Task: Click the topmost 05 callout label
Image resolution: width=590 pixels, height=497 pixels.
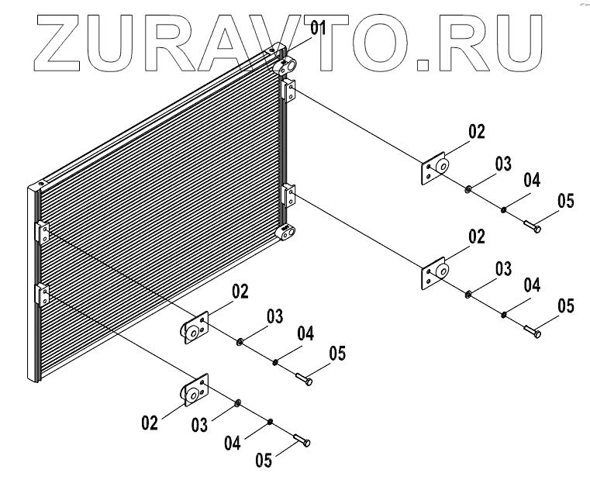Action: point(565,202)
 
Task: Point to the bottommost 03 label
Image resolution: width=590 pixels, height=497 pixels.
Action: point(200,425)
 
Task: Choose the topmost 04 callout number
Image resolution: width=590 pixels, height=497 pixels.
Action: point(531,181)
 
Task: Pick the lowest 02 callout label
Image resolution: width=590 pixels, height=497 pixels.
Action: point(150,423)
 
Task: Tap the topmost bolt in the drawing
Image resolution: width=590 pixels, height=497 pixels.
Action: point(531,226)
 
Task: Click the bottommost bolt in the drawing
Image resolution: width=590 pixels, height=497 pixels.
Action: point(302,441)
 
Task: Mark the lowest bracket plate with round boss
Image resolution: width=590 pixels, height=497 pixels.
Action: point(195,392)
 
